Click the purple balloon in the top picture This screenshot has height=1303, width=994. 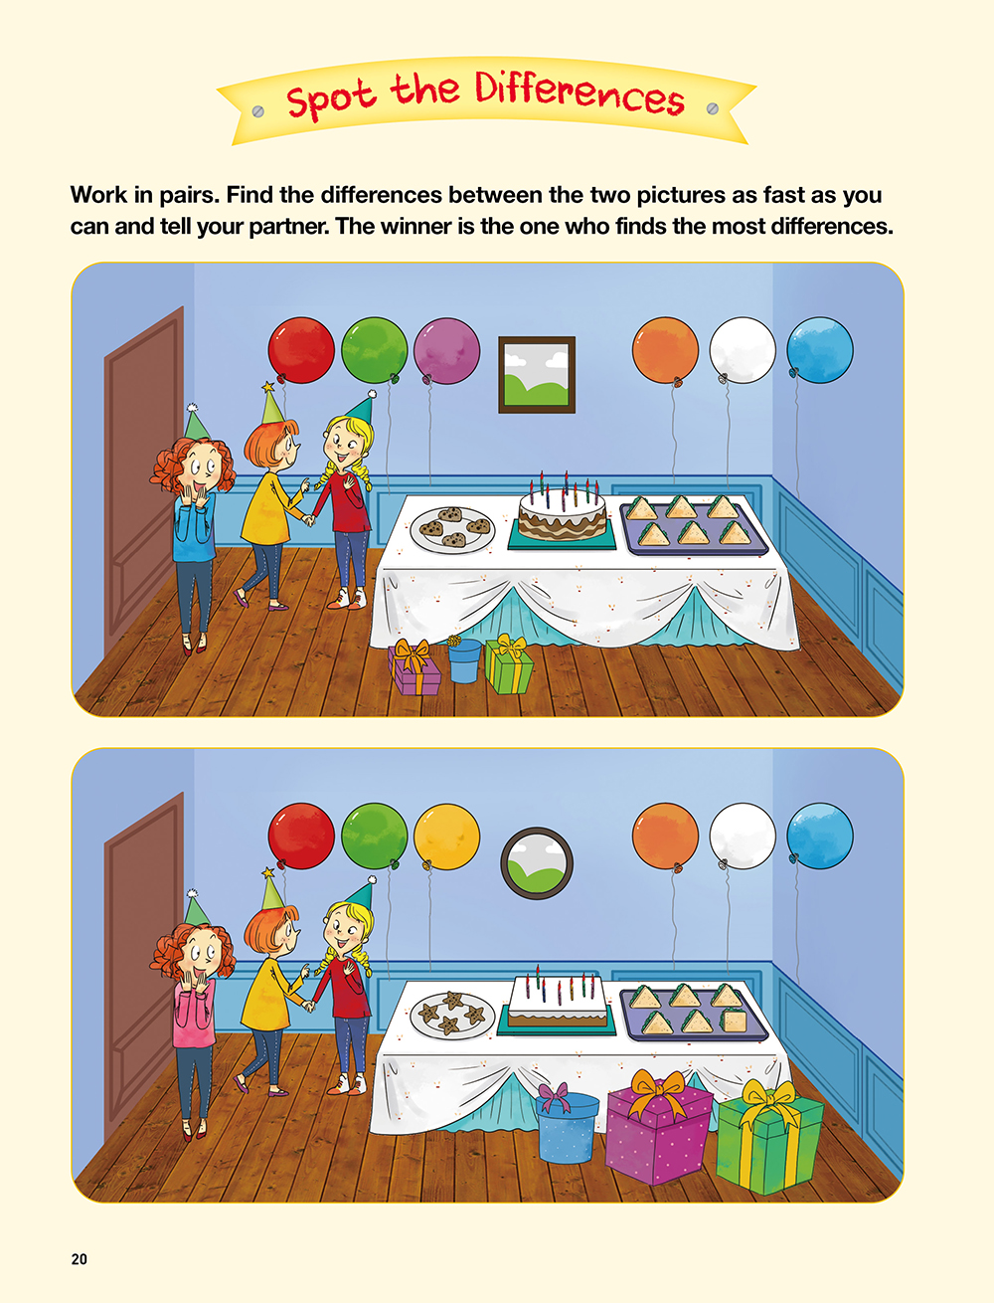coord(446,351)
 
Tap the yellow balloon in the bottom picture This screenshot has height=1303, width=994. coord(446,838)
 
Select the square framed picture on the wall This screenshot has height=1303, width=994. coord(537,375)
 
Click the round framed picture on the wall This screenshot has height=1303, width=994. coord(537,863)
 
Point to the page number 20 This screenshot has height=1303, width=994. coord(79,1259)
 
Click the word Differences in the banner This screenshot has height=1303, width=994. coord(580,94)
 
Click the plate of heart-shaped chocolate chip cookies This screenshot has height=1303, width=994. coord(452,529)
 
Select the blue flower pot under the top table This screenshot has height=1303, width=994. coord(464,660)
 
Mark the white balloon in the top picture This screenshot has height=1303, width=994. coord(742,350)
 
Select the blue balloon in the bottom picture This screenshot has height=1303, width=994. coord(820,836)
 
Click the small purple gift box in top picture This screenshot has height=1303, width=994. coord(414,667)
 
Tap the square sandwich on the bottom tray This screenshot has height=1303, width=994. coord(733,1022)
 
